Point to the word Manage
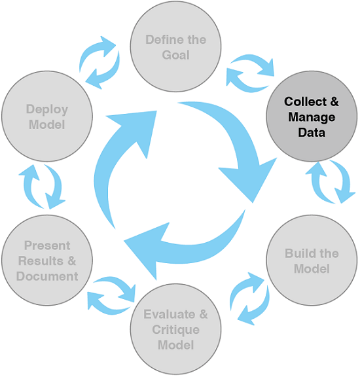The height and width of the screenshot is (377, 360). [311, 118]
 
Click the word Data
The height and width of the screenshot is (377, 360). [311, 132]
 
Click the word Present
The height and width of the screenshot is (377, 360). [46, 245]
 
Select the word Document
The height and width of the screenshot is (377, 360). [47, 276]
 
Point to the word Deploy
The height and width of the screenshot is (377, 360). [47, 109]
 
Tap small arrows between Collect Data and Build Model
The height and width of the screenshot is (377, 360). [329, 181]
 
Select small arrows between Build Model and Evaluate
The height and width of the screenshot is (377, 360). [251, 298]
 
